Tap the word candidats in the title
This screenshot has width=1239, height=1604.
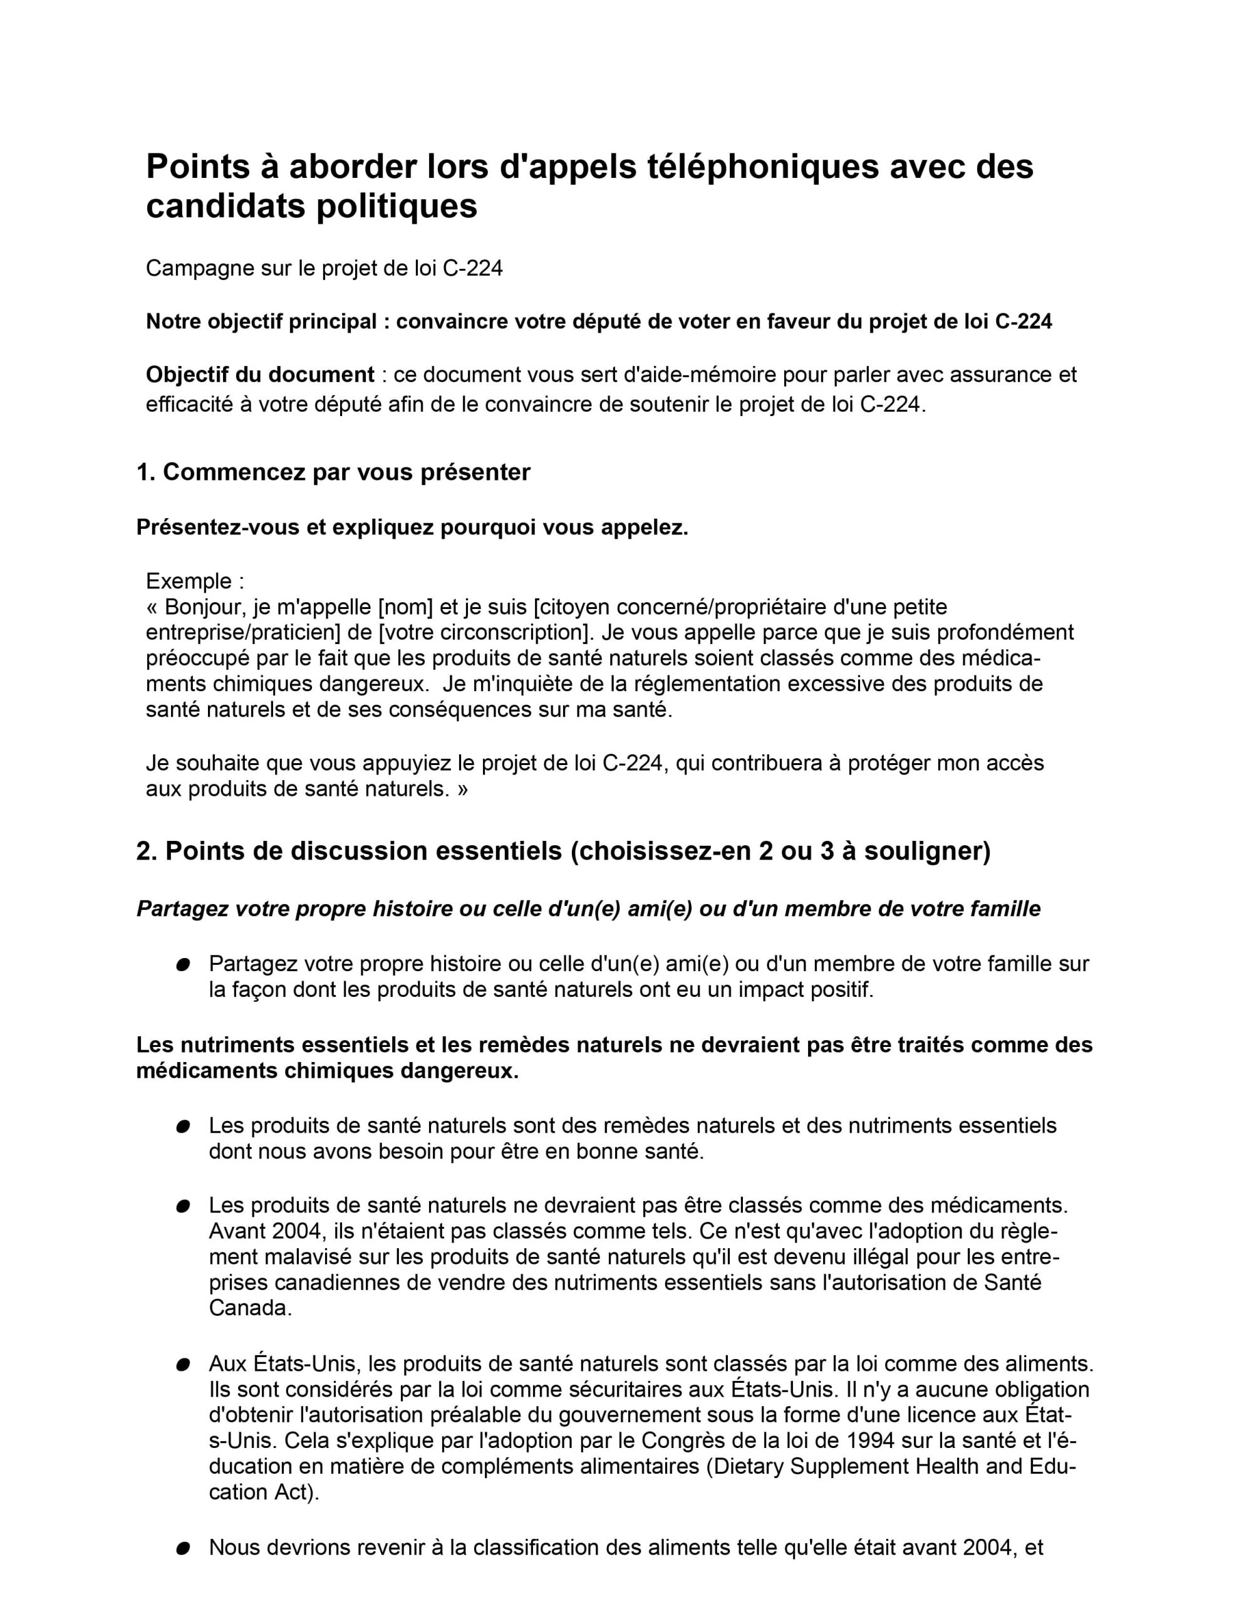coord(225,206)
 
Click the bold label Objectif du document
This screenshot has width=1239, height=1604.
coord(260,375)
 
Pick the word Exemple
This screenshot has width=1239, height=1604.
coord(189,581)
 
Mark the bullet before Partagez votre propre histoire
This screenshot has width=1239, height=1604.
coord(183,964)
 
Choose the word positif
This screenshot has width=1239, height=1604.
coord(842,990)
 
